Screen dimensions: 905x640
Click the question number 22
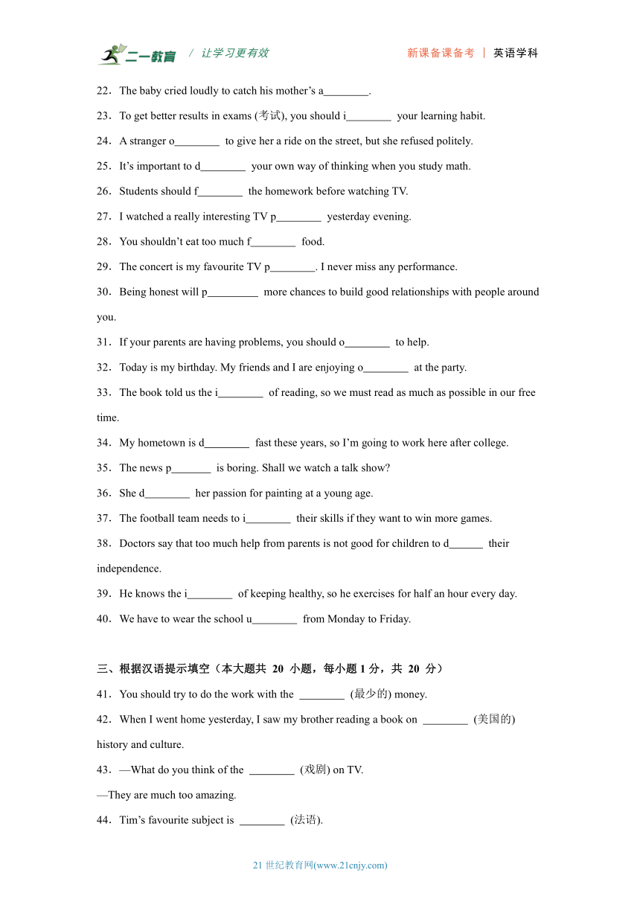pos(103,91)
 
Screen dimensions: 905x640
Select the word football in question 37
pos(159,519)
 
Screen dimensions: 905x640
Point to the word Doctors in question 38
pos(138,544)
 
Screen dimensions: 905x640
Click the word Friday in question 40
pos(396,619)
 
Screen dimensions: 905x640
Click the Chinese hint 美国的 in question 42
pos(494,720)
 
